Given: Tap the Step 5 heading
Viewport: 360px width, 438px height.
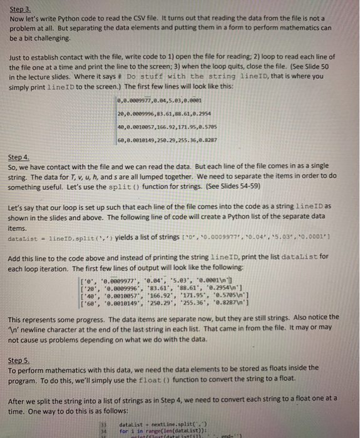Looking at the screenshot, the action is [21, 361].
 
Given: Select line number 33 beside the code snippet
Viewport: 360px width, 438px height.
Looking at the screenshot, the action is [105, 424].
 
